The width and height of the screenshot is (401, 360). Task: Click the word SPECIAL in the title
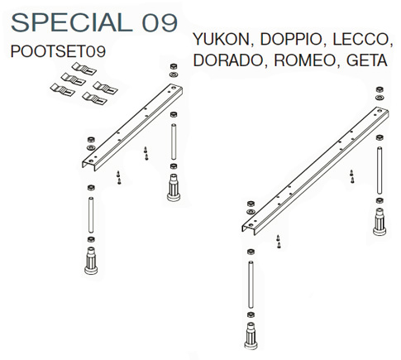tap(72, 22)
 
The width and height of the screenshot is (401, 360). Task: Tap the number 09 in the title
tap(160, 22)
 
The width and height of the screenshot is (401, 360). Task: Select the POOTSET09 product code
tap(58, 51)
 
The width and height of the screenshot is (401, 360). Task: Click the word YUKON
tap(222, 39)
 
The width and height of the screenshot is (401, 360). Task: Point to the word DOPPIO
tap(291, 39)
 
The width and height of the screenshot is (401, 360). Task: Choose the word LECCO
tap(362, 39)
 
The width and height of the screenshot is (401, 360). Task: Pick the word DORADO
tap(228, 60)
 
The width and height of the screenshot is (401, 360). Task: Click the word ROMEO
tap(305, 60)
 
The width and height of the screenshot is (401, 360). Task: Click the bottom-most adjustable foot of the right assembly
tap(251, 336)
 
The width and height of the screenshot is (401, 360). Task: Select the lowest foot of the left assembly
tap(91, 261)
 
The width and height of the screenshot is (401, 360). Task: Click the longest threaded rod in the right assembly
tap(251, 285)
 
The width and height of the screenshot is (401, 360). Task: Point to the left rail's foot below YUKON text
tap(174, 188)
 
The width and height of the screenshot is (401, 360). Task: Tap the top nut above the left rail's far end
tap(174, 66)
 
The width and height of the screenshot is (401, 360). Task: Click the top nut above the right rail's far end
tap(380, 89)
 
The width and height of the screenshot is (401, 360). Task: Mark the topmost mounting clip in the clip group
tap(84, 69)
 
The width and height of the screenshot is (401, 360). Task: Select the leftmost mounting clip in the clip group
tap(63, 90)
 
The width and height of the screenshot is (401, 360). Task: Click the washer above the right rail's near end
tap(251, 212)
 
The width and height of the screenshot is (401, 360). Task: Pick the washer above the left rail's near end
tap(91, 147)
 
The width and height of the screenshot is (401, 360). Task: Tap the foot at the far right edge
tap(380, 222)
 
